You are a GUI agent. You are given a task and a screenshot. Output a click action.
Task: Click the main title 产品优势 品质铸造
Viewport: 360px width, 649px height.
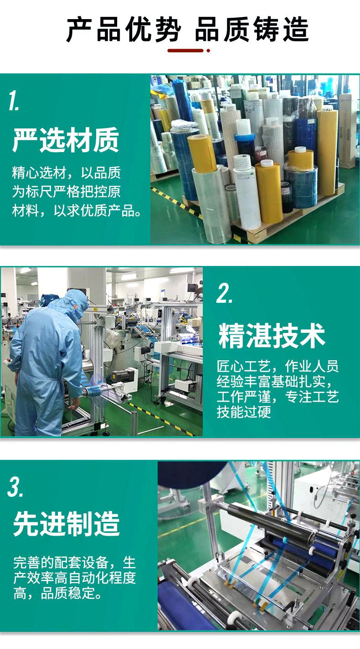click(x=187, y=30)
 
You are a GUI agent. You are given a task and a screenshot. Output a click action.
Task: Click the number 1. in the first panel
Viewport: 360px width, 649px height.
click(x=14, y=101)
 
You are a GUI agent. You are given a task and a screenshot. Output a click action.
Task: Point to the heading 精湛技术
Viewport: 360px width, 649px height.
click(x=272, y=336)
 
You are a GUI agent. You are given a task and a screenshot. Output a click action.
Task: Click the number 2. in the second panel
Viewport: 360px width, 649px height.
click(x=224, y=294)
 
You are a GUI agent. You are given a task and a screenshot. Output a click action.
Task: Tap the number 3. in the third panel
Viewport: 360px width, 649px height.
click(x=15, y=487)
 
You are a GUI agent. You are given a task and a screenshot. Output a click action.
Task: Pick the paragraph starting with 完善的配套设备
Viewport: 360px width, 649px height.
click(x=74, y=577)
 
